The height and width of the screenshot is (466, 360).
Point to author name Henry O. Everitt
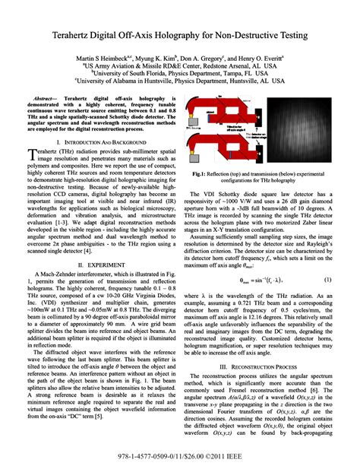coord(262,58)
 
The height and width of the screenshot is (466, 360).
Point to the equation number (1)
coord(328,258)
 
